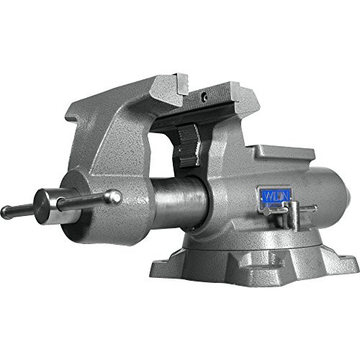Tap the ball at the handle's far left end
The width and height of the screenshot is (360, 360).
tap(6, 212)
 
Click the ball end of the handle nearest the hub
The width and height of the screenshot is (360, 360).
tap(112, 196)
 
